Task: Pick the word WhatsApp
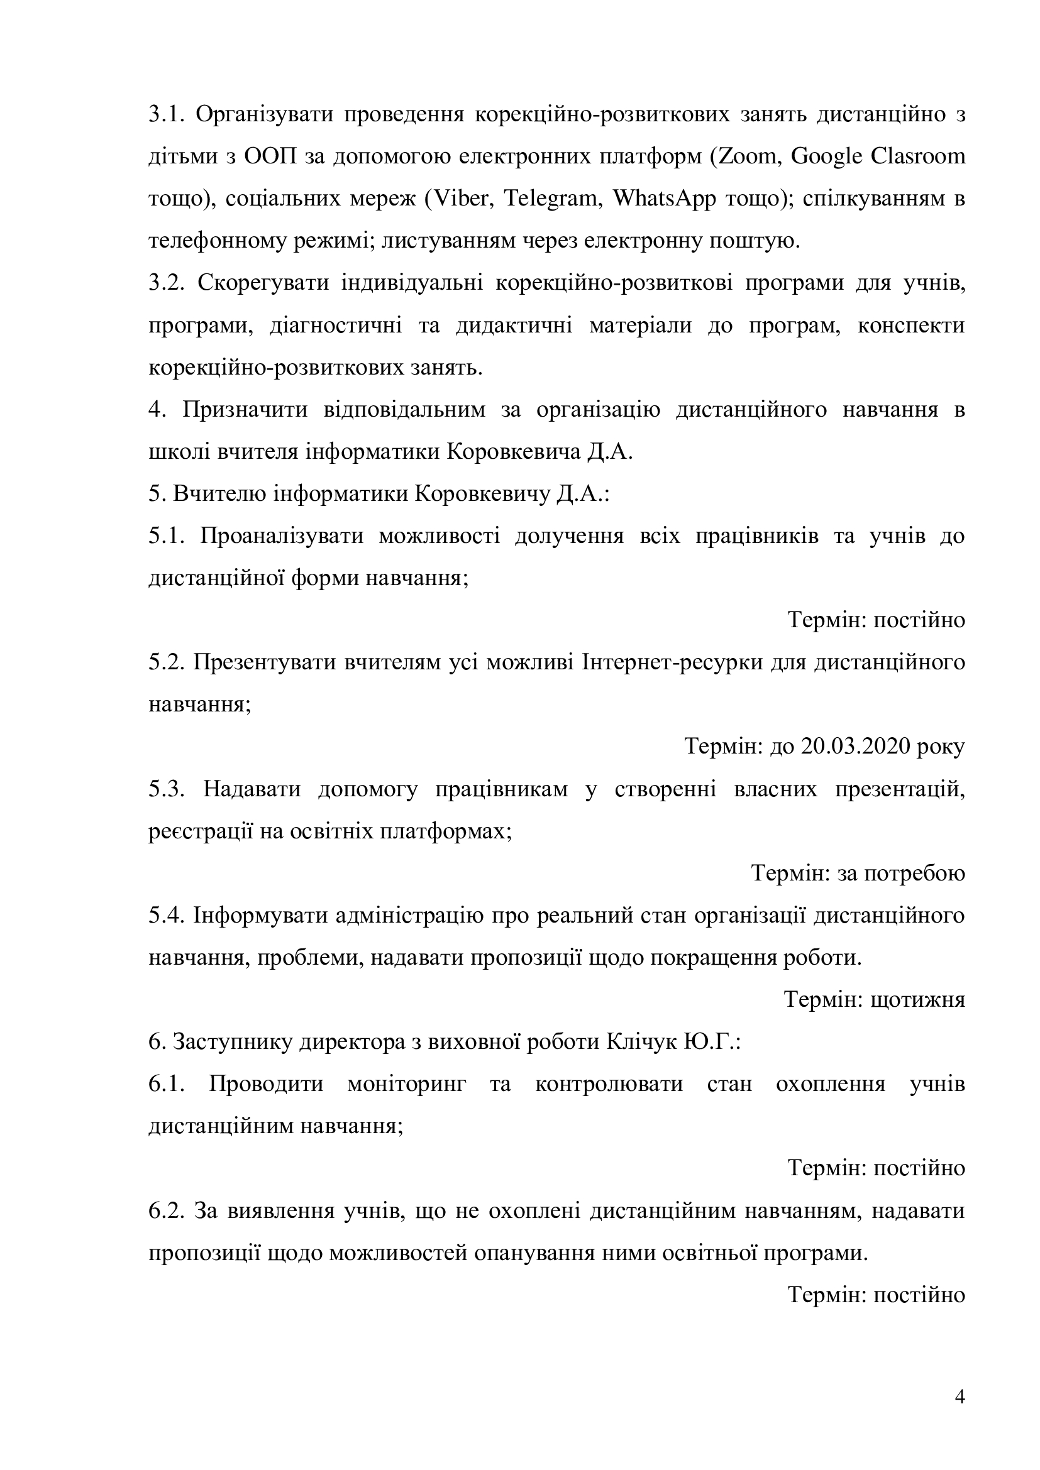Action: pos(665,199)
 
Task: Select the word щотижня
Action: pos(917,1000)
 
